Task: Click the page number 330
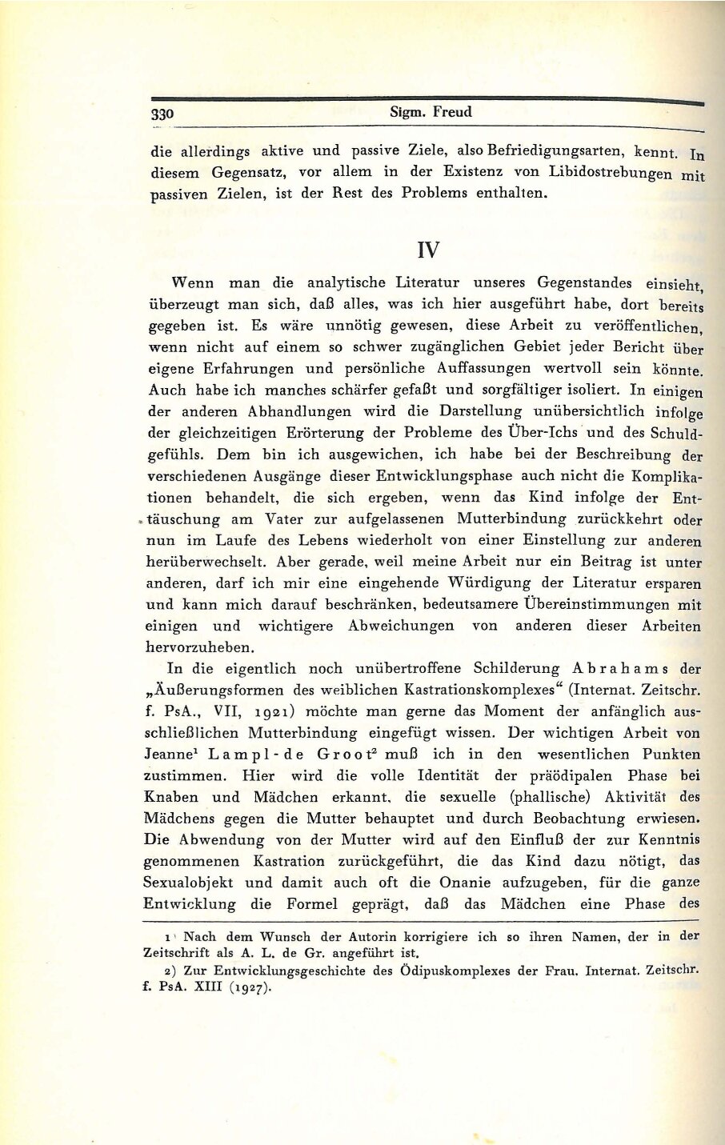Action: point(162,114)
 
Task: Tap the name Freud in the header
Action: point(452,112)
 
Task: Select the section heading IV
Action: point(428,249)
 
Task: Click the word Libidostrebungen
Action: point(611,172)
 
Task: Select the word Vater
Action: point(284,518)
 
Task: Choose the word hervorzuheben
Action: point(200,647)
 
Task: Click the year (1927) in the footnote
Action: point(242,987)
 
